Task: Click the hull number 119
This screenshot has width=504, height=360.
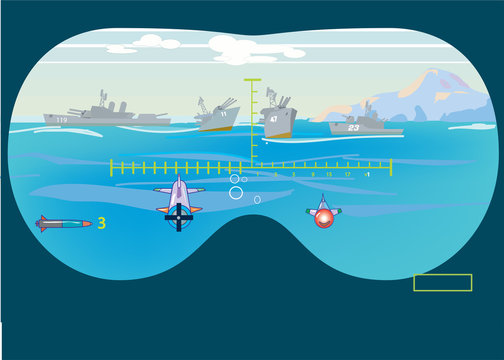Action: [x=62, y=120]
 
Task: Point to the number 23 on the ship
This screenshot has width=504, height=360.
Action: [x=353, y=127]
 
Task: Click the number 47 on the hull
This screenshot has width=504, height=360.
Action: [x=273, y=119]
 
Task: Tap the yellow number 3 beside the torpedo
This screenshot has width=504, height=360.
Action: [x=101, y=223]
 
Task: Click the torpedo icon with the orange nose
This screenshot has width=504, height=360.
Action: [x=62, y=222]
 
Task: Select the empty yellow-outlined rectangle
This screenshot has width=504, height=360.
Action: [x=442, y=282]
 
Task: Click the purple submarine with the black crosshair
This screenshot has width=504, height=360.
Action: [x=179, y=198]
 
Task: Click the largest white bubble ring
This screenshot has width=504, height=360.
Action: [x=236, y=192]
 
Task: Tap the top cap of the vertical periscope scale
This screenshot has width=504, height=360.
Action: [x=252, y=79]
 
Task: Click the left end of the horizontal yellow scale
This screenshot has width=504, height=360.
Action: [x=111, y=167]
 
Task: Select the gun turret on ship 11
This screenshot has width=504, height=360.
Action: [x=226, y=103]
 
